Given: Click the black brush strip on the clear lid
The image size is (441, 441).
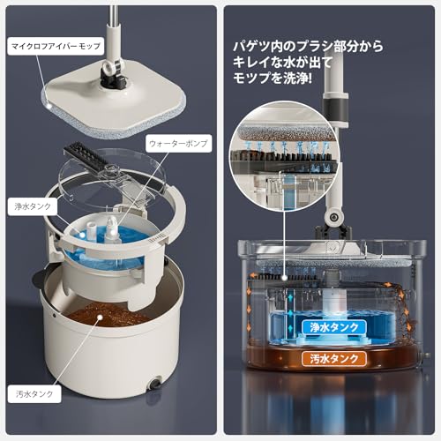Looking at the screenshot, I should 90,160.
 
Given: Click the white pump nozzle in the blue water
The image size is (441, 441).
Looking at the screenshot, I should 112,227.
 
